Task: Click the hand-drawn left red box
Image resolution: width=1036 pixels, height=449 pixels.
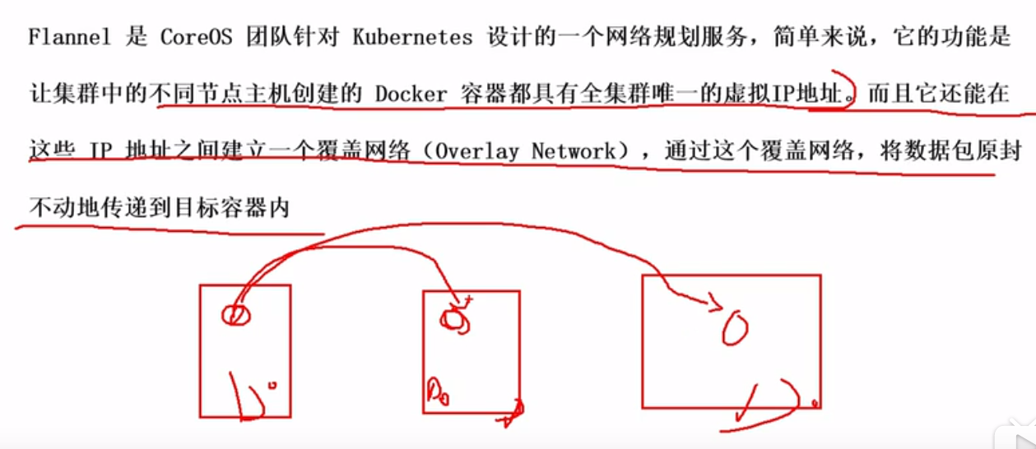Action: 244,350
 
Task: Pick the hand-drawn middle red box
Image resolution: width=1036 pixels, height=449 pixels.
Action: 471,351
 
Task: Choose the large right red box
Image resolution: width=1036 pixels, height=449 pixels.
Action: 731,340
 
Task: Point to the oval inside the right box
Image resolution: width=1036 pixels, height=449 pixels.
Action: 735,329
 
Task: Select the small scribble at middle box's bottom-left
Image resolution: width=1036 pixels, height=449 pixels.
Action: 436,387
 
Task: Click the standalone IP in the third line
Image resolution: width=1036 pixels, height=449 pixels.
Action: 100,151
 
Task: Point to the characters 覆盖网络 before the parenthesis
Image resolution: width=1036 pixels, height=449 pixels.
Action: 368,151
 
